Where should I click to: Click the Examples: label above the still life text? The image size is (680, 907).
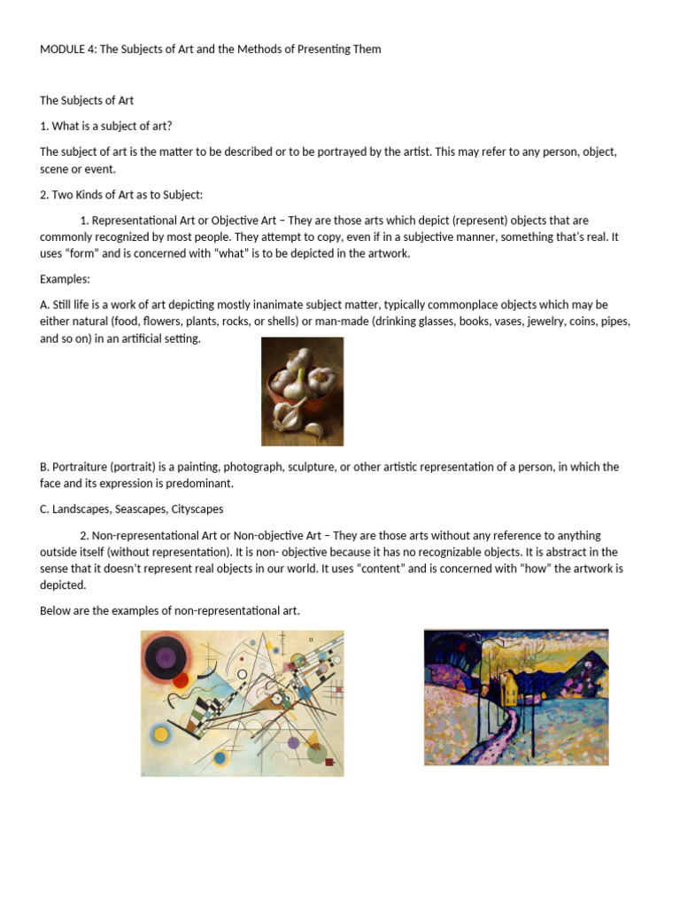(65, 279)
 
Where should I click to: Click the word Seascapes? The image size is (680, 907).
(141, 509)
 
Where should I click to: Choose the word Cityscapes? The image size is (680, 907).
(197, 509)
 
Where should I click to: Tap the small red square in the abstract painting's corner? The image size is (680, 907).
(328, 761)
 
